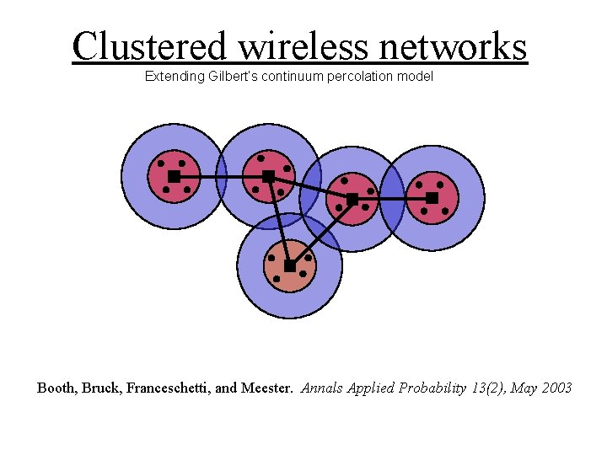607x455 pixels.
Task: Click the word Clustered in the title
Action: point(149,47)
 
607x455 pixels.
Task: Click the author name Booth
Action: point(56,388)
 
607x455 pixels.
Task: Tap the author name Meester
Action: point(267,388)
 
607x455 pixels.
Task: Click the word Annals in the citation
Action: point(320,388)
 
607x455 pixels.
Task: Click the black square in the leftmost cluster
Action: point(174,176)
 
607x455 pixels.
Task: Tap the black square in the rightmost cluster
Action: point(432,198)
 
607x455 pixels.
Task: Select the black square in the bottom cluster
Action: point(289,265)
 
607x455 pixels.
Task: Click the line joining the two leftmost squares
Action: point(221,176)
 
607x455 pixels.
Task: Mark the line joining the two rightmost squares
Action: point(392,199)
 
